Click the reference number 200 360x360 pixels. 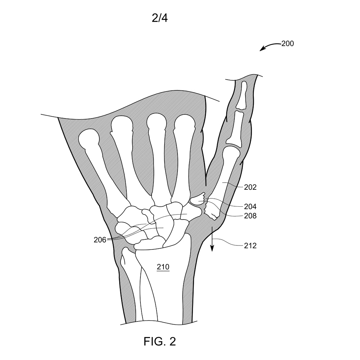287,44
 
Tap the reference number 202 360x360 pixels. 250,187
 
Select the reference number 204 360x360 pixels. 250,207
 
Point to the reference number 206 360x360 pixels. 100,240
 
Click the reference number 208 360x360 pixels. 250,216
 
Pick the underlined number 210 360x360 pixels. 163,267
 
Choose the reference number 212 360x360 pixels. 250,246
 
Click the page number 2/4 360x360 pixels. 159,18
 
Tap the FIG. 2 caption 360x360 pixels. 159,341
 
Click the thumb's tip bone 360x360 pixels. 242,95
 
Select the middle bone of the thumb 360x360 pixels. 235,129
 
